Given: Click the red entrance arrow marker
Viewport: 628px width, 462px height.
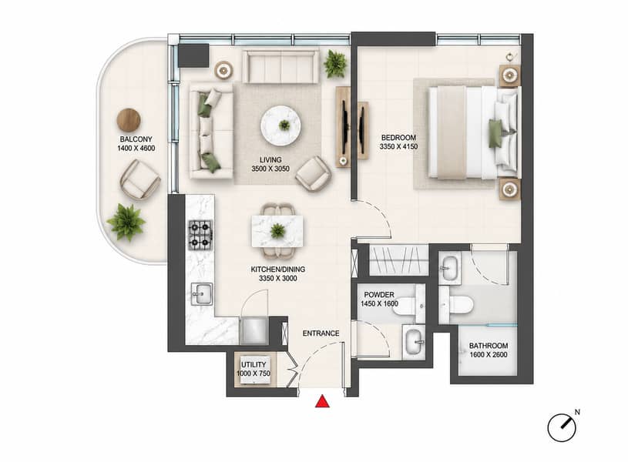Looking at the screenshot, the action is (322, 402).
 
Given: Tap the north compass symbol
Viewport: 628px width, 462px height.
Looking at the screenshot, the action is (563, 427).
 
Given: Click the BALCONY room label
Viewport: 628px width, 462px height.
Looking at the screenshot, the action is (136, 139).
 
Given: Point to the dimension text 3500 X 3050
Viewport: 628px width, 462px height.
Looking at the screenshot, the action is (270, 169).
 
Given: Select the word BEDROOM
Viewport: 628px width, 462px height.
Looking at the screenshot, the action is (398, 137).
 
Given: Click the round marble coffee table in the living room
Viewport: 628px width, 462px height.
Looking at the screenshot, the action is (280, 126).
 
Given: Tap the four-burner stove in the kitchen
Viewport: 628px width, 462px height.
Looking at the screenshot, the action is (200, 235).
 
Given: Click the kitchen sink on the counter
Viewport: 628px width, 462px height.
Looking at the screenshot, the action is (202, 294).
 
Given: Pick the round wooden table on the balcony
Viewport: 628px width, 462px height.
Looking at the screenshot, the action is (129, 119).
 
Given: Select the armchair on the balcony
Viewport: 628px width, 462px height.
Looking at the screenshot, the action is (140, 179).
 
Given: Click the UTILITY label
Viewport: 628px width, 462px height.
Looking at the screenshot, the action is (254, 365).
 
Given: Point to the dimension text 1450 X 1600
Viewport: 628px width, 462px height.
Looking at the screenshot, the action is (379, 303).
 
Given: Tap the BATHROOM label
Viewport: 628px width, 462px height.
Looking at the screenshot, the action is (489, 346).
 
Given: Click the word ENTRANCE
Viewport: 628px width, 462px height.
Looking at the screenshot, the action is (321, 333).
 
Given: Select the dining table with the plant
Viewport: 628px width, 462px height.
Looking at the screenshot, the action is (277, 232).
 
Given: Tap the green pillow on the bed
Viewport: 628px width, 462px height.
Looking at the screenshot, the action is (495, 133).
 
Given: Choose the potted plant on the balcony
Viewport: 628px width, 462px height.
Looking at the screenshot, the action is (126, 223).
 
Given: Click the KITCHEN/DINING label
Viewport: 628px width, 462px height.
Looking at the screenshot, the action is (278, 269).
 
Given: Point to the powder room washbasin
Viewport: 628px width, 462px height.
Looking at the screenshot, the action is (414, 342).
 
